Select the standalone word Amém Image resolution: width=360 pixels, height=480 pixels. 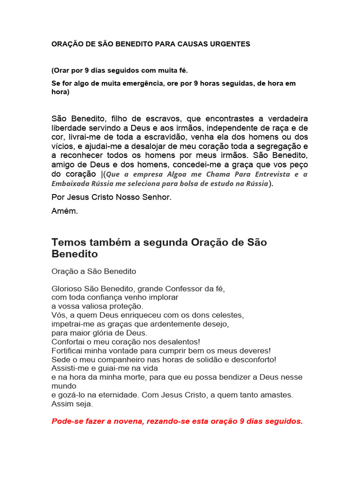(65, 211)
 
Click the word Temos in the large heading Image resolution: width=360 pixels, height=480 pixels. (67, 242)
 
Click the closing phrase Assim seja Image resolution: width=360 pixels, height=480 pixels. (72, 404)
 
